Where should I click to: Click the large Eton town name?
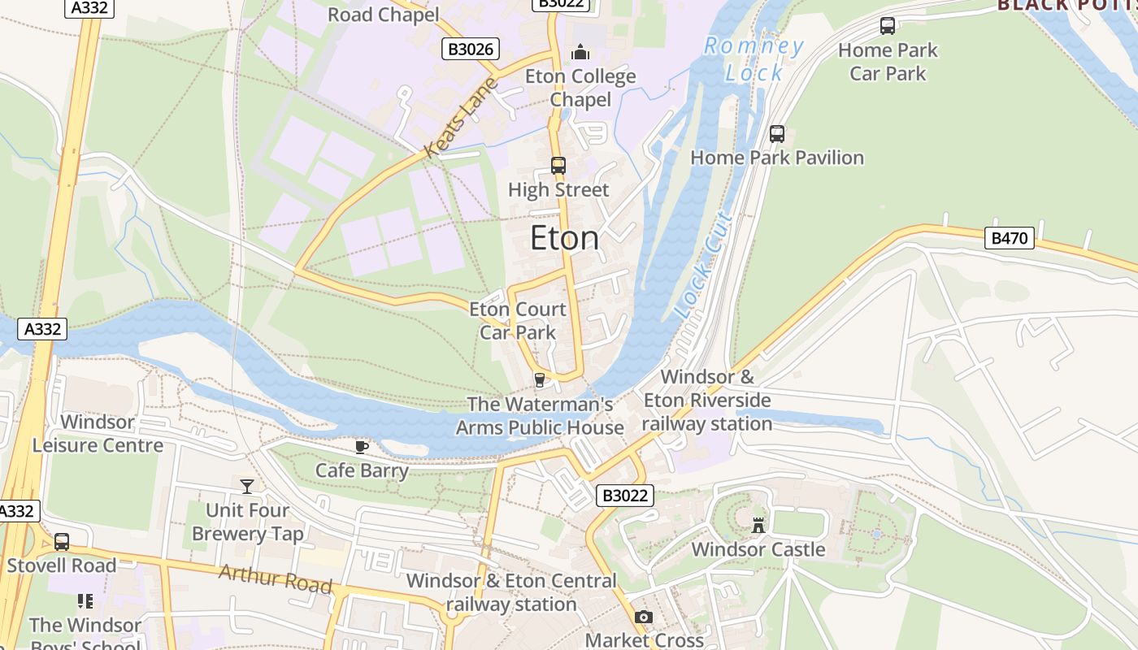[565, 239]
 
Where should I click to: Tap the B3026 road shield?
[471, 49]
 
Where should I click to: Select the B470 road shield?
[1010, 238]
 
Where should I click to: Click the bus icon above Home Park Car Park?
[888, 26]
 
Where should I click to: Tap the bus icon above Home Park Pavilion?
[777, 134]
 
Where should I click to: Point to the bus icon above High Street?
[558, 166]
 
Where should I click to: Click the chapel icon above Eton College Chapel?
[580, 53]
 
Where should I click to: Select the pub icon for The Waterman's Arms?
[538, 379]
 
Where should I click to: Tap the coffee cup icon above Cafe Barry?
[362, 447]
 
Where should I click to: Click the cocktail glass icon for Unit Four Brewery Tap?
[247, 486]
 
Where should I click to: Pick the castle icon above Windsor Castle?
[758, 525]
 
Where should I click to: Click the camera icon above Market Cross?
[644, 617]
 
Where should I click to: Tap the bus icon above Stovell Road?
[62, 542]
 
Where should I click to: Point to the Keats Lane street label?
[460, 118]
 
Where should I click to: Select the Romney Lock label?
[754, 59]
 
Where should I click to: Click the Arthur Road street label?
[276, 578]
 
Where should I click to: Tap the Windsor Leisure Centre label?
[98, 433]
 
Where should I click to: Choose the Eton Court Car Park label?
[518, 320]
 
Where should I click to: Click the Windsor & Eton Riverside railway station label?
[707, 401]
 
